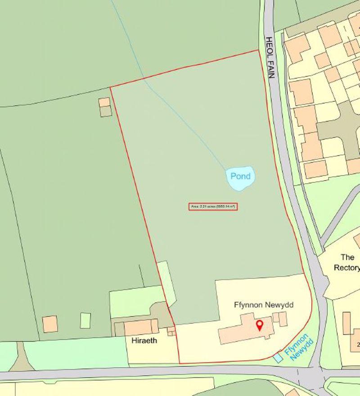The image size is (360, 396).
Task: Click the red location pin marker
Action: point(259,325)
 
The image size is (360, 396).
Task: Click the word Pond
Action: point(240,176)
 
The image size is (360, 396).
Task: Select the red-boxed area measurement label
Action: point(213,207)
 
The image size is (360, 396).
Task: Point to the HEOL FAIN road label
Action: point(270,58)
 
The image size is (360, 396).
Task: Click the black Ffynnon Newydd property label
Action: point(264,305)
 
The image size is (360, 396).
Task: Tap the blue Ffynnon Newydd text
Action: point(297,347)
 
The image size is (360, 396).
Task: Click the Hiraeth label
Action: point(144,341)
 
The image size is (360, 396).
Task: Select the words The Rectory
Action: point(347,263)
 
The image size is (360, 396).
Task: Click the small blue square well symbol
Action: point(279,357)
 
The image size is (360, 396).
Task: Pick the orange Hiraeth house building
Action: point(141,327)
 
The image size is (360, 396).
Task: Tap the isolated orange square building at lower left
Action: point(50,324)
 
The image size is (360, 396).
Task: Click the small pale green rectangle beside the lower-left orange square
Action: point(85,320)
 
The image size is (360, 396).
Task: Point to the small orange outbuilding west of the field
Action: point(104,102)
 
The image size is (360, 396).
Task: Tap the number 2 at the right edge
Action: point(358,345)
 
